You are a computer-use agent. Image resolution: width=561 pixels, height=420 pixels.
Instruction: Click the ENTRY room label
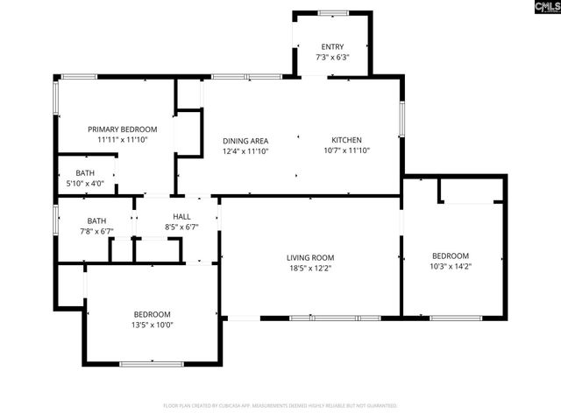[332, 46]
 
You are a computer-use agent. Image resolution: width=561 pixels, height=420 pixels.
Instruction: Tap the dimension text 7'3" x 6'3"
[332, 58]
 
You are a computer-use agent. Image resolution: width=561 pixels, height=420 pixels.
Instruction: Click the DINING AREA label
[245, 140]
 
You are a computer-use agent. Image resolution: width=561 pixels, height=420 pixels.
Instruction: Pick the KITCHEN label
[346, 140]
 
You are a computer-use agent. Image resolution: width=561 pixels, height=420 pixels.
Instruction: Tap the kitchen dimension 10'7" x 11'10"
[346, 150]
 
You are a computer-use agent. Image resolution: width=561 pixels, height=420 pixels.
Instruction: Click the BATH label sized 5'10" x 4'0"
[85, 173]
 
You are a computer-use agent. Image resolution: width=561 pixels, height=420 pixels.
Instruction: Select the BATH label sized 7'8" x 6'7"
[96, 220]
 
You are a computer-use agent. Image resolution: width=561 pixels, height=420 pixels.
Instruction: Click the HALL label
[181, 216]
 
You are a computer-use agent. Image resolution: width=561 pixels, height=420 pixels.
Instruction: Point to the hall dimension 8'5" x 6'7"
[181, 227]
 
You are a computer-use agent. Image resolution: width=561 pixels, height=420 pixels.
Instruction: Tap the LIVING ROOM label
[310, 257]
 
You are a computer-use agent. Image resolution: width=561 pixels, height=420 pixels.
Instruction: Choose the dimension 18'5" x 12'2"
[310, 269]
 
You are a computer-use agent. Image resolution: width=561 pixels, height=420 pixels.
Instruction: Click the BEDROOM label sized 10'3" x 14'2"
[451, 255]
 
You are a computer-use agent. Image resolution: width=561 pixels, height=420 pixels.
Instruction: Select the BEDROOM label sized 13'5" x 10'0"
[152, 314]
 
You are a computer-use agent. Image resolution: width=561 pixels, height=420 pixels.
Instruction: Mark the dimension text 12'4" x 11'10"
[245, 151]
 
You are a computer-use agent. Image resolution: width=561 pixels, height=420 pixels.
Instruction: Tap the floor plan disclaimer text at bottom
[280, 406]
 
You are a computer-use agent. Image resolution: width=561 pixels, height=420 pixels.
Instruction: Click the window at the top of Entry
[332, 13]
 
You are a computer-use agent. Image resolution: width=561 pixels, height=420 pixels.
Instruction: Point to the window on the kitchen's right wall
[402, 120]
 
